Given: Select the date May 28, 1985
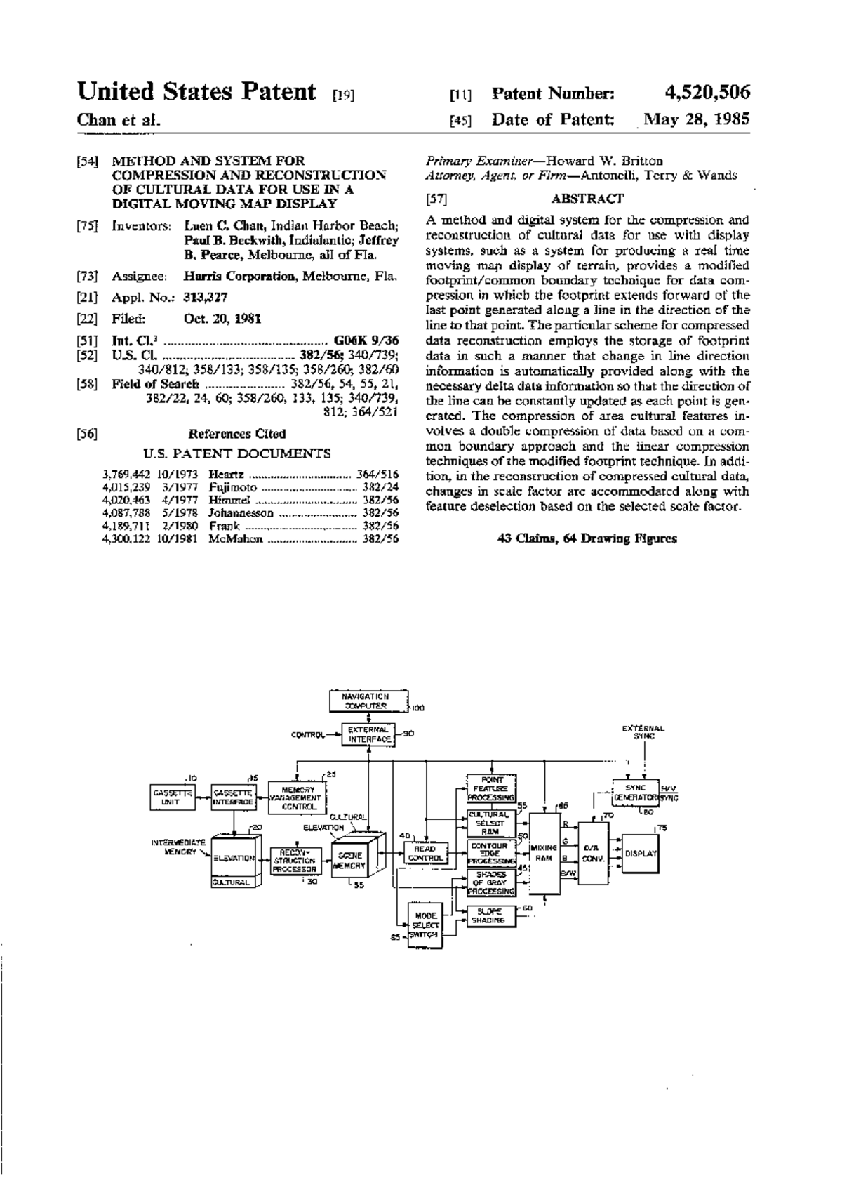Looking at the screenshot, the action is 697,120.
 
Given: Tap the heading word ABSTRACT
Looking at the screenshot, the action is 587,199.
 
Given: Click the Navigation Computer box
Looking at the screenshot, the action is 369,701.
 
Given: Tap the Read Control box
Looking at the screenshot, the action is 425,853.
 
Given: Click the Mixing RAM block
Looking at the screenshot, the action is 544,854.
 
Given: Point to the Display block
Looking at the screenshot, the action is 640,854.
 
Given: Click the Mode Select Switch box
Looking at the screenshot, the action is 425,926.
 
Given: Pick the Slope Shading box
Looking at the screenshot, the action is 491,916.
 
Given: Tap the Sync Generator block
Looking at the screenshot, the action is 635,793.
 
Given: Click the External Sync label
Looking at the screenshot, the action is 643,732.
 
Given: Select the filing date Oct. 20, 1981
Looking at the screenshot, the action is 222,319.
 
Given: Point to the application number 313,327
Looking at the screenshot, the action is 206,298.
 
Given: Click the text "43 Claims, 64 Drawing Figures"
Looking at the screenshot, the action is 587,538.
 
